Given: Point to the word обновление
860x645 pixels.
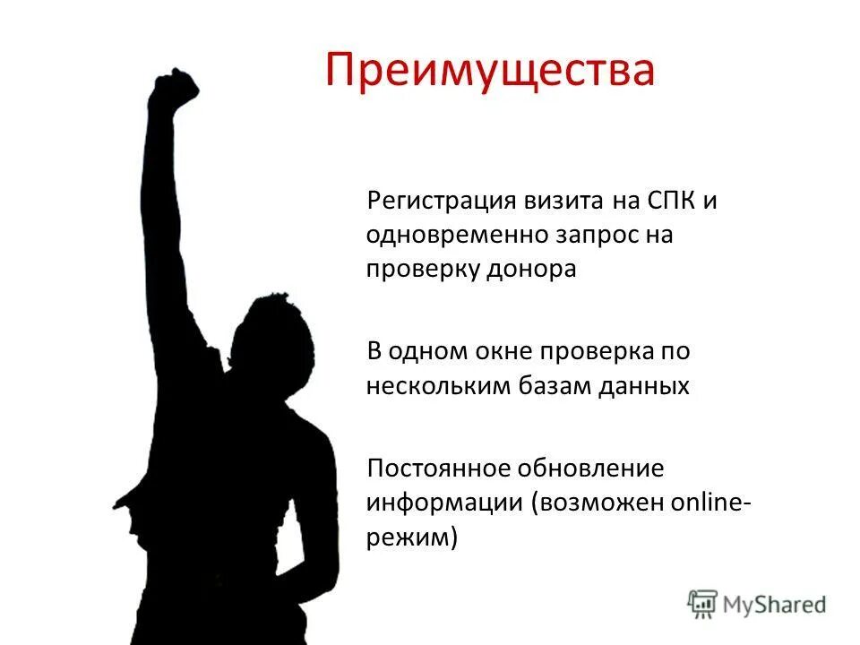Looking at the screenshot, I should [595, 468].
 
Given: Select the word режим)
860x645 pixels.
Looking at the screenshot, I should [411, 537].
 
